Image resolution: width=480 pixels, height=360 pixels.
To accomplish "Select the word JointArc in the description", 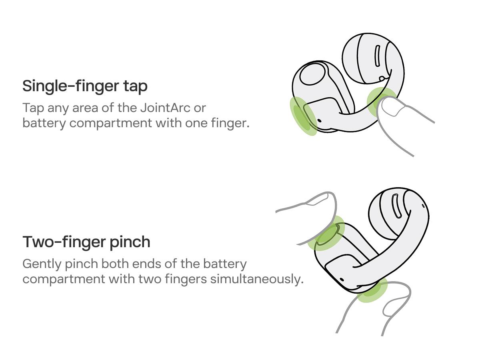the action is (x=165, y=108).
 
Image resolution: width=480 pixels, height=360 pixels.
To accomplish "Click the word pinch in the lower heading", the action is (x=130, y=242).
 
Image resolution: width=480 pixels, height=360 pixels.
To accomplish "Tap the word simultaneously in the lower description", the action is (x=257, y=279).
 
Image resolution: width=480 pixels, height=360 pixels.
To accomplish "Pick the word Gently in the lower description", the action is (x=42, y=264).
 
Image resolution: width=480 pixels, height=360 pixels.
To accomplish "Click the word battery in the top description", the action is (x=44, y=123).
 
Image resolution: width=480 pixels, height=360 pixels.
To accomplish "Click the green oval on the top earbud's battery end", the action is (x=303, y=116).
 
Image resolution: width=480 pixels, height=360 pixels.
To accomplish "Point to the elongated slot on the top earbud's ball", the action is (x=377, y=56).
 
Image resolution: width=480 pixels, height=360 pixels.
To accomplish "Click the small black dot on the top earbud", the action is (x=319, y=120).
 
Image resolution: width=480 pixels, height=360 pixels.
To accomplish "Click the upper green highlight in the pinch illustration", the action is (x=326, y=234).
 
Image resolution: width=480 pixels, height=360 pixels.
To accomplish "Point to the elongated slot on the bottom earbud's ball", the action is (x=396, y=206).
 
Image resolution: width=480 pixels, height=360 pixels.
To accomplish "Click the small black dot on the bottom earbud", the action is (x=341, y=280).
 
